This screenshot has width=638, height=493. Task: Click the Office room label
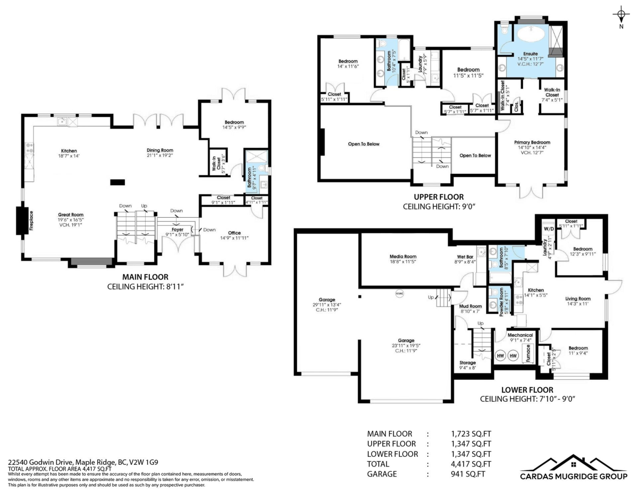(234, 233)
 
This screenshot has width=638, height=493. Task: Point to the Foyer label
(177, 229)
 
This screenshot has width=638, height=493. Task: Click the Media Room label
(403, 256)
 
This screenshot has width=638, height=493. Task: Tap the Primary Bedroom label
(532, 142)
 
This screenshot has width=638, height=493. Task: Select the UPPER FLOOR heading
(438, 197)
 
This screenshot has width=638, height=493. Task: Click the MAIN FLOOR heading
(145, 277)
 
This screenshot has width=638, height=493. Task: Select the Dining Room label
(160, 150)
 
